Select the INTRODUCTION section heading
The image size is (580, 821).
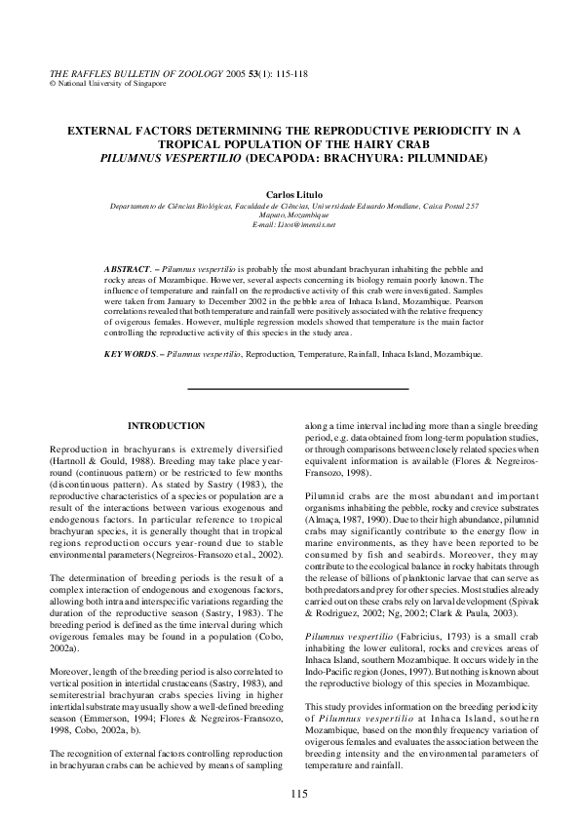coord(167,425)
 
